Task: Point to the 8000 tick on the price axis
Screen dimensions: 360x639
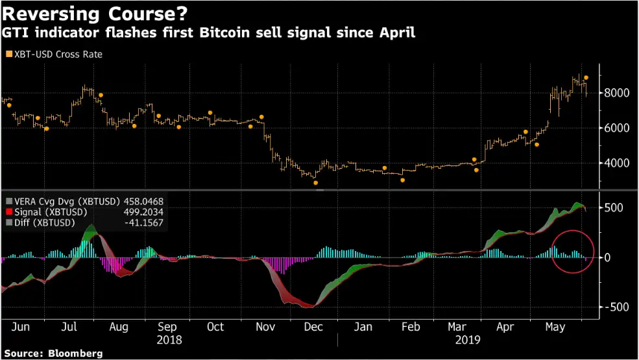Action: click(x=617, y=93)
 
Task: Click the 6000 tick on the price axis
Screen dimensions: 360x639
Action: click(x=617, y=128)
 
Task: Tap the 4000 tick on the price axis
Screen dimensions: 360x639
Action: click(x=617, y=163)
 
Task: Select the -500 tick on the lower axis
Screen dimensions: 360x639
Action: click(x=614, y=307)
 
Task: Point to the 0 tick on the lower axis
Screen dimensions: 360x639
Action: click(x=609, y=258)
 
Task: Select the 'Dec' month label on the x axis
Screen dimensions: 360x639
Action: click(x=313, y=327)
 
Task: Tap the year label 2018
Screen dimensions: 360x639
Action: click(x=169, y=339)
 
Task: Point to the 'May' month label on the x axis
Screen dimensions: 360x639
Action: click(x=555, y=327)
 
